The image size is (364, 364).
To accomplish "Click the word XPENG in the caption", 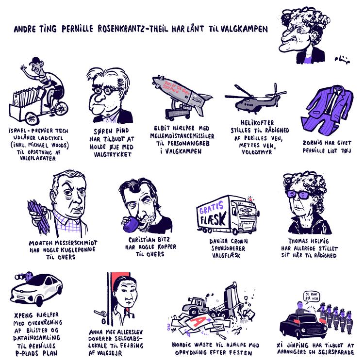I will click(25, 314).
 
